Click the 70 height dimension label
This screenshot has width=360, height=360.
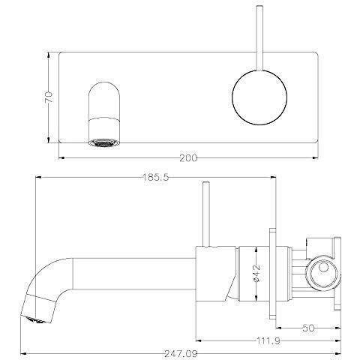tap(49, 97)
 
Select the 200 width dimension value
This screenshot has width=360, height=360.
tap(190, 158)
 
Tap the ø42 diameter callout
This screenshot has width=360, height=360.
tap(256, 272)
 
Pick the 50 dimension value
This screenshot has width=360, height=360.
tap(307, 328)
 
